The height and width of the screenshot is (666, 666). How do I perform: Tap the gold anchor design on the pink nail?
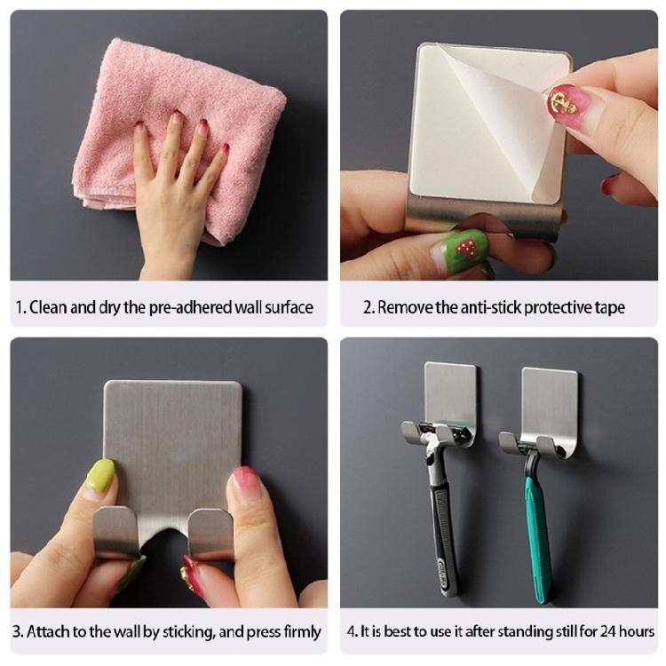click(564, 103)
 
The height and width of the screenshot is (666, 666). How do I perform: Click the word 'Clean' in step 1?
click(49, 307)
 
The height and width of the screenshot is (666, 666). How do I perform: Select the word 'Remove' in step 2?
click(405, 307)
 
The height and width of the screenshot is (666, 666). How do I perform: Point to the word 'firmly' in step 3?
click(302, 632)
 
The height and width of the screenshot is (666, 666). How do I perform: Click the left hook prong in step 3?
click(115, 531)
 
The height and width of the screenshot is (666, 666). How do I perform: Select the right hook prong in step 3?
click(210, 533)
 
